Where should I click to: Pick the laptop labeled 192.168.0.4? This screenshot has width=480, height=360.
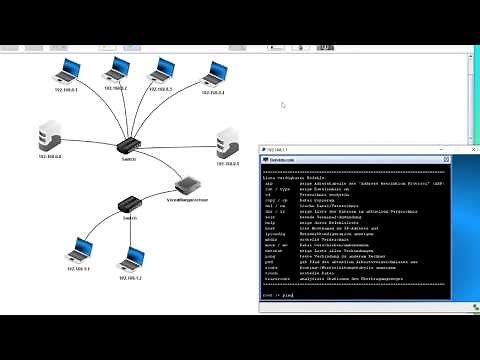214,73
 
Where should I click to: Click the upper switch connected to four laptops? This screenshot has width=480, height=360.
131,146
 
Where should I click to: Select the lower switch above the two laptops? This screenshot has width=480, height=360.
129,205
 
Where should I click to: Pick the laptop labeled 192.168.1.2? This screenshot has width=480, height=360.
132,259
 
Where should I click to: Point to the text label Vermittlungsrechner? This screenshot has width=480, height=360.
187,201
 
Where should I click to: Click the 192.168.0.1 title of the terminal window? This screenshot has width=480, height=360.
282,149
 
